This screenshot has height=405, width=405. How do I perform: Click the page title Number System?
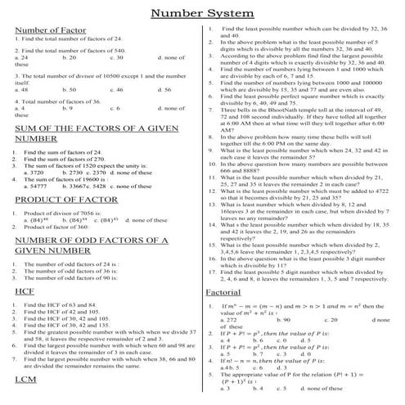click(x=201, y=13)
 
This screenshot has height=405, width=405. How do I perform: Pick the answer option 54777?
click(x=39, y=186)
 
